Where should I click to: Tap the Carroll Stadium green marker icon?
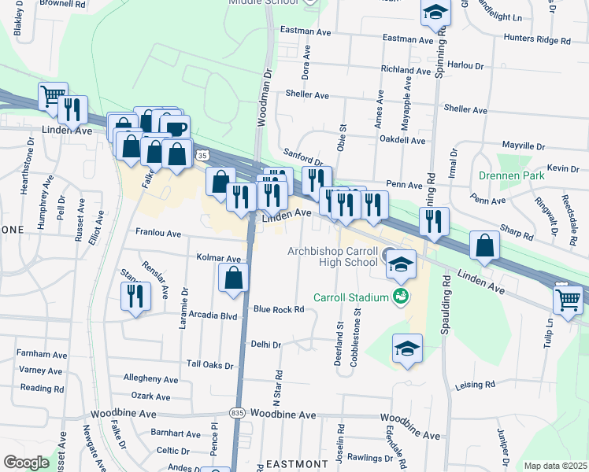click(x=401, y=297)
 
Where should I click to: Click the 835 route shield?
click(x=238, y=412)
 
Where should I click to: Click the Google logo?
click(x=27, y=462)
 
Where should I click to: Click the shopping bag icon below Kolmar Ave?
click(x=233, y=278)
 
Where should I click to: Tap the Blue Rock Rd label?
click(x=279, y=310)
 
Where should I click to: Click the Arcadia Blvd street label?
click(x=212, y=316)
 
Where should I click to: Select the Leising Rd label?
click(x=475, y=385)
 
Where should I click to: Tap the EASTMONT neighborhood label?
click(x=294, y=465)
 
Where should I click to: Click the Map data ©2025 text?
click(x=555, y=466)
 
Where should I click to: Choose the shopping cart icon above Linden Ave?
click(x=52, y=97)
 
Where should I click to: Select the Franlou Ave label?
click(x=158, y=234)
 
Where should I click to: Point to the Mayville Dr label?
click(x=523, y=146)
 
